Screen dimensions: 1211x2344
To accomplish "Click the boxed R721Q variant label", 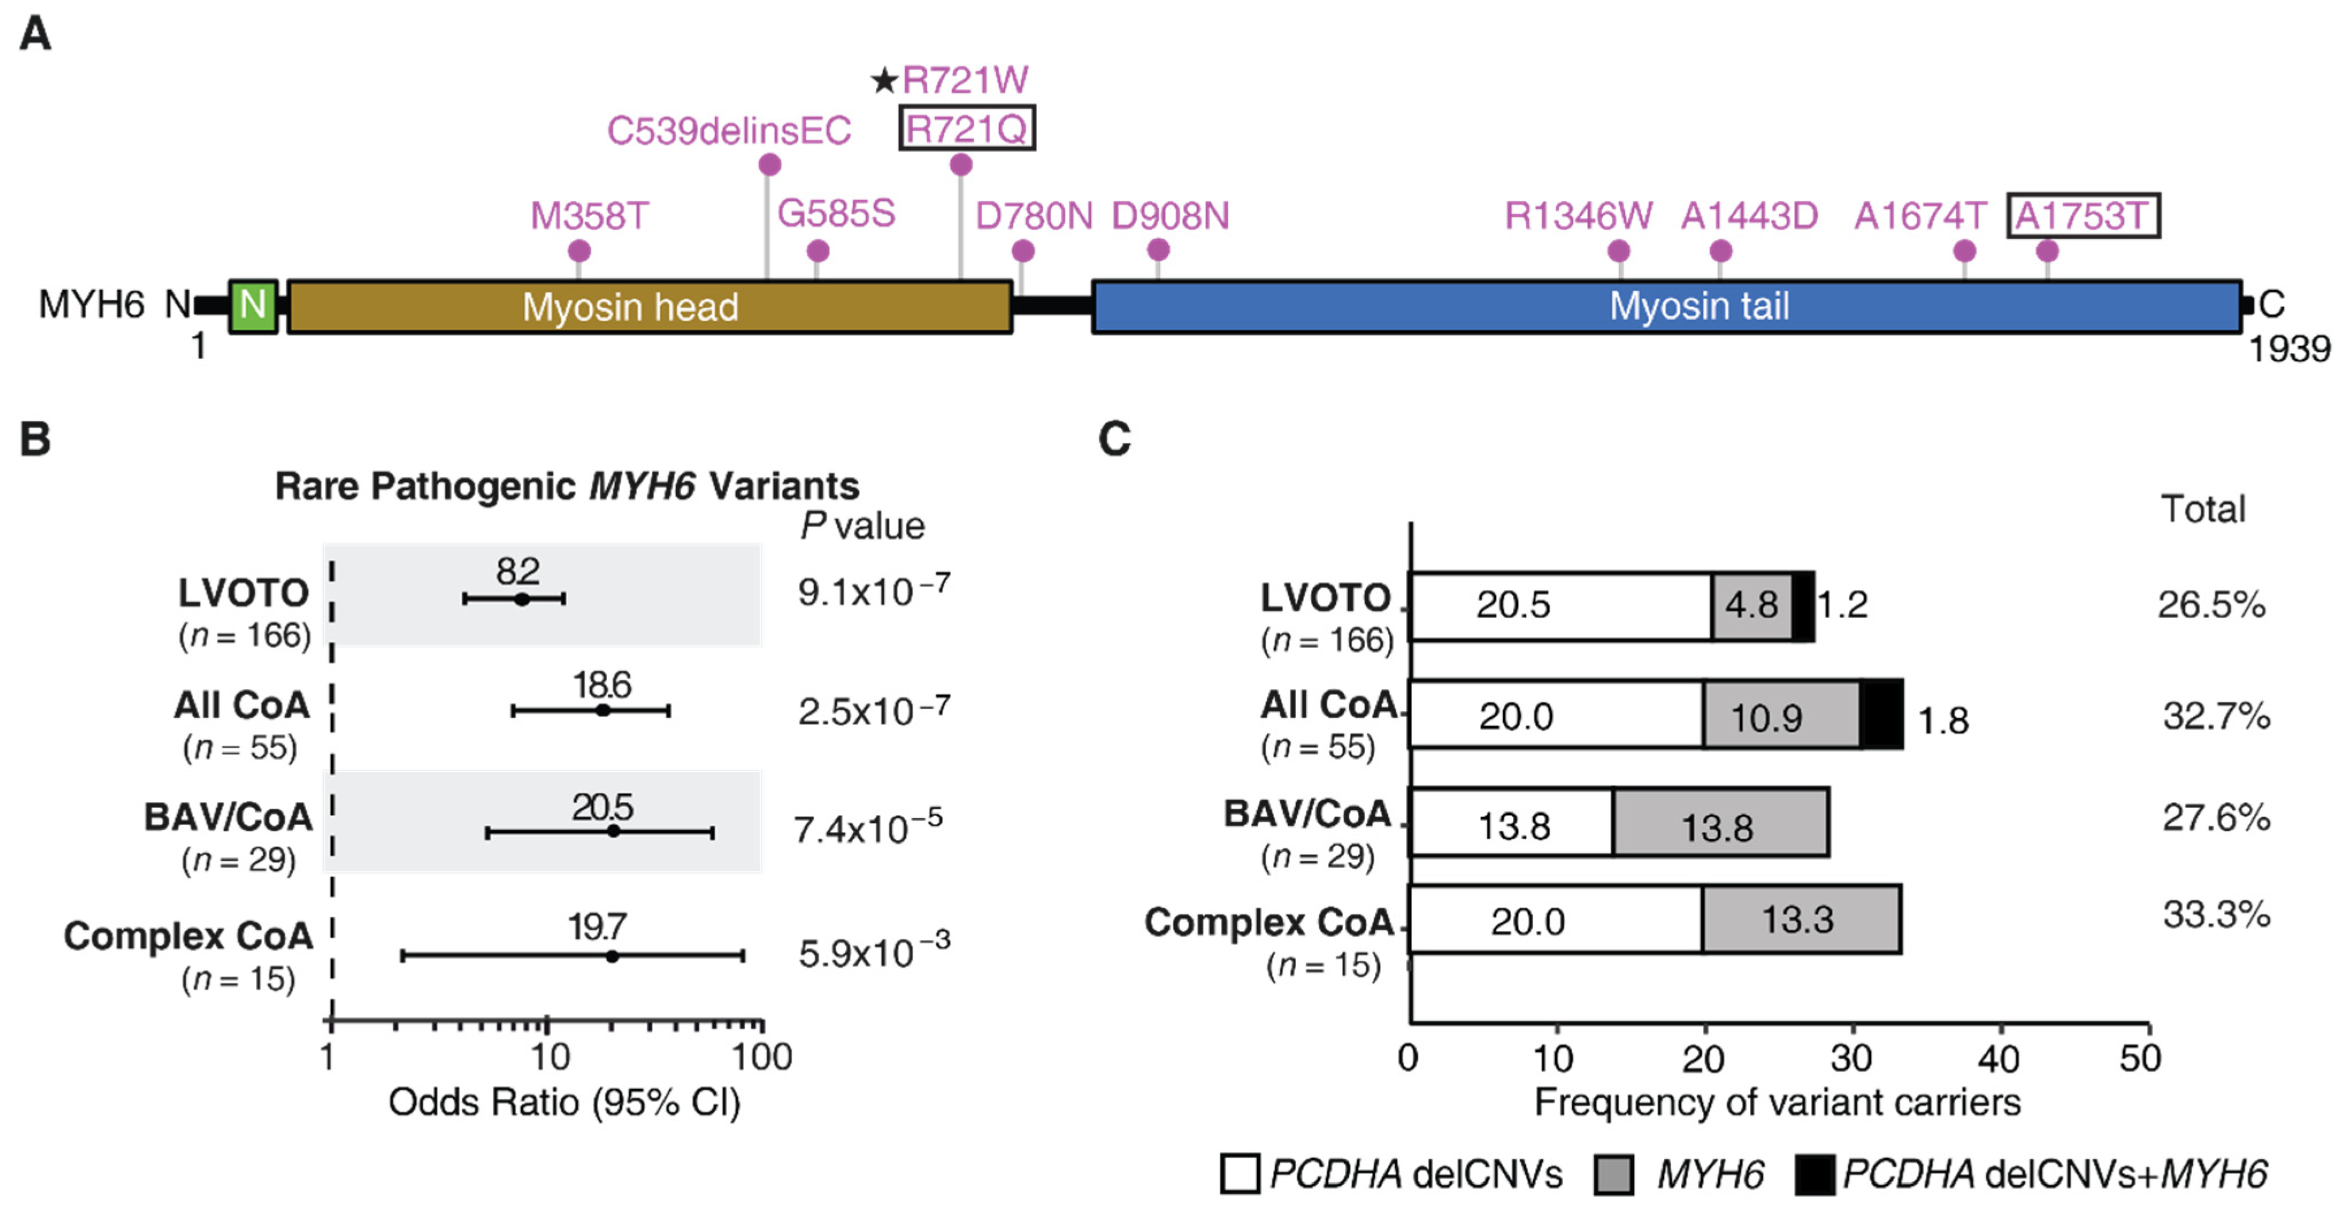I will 966,129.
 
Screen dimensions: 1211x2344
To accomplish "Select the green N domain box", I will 253,306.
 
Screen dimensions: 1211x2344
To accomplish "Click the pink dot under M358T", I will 579,250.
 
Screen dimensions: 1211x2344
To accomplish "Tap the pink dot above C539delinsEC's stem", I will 769,164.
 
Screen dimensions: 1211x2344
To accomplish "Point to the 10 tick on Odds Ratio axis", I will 547,1022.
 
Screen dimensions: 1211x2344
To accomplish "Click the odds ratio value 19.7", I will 597,927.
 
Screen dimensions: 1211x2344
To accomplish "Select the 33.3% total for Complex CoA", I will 2215,914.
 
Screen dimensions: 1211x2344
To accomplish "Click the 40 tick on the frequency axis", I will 2001,1025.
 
